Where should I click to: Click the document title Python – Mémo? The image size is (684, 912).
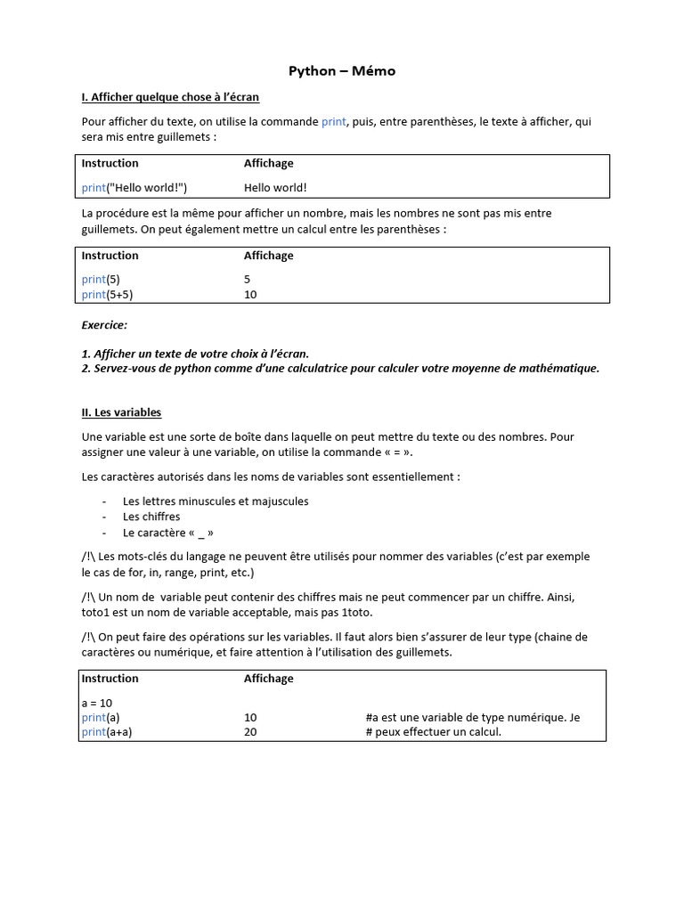tap(342, 71)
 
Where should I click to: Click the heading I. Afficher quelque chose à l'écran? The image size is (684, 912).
tap(170, 97)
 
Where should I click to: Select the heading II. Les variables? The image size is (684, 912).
tap(121, 413)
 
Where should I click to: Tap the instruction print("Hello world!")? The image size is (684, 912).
tap(134, 188)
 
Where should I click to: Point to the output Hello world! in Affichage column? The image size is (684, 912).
tap(275, 188)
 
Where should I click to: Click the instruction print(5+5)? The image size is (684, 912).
tap(113, 295)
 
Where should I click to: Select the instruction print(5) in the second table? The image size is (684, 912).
tap(101, 280)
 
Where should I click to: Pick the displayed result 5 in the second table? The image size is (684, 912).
tap(248, 280)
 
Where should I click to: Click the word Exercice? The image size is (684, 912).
tap(104, 326)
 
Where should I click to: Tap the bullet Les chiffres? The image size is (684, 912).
tap(151, 517)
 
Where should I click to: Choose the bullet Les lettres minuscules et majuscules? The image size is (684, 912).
tap(216, 501)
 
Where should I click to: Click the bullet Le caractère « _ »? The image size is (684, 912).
tap(168, 533)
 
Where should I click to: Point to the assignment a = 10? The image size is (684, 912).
tap(97, 703)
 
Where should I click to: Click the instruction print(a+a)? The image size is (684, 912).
tap(113, 733)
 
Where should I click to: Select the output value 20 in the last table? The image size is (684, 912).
tap(250, 733)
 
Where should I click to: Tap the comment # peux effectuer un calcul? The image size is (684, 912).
tap(434, 733)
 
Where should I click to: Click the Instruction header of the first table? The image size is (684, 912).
tap(110, 164)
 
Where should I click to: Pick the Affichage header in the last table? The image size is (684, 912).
tap(269, 679)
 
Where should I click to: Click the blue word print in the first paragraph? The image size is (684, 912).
tap(333, 122)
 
